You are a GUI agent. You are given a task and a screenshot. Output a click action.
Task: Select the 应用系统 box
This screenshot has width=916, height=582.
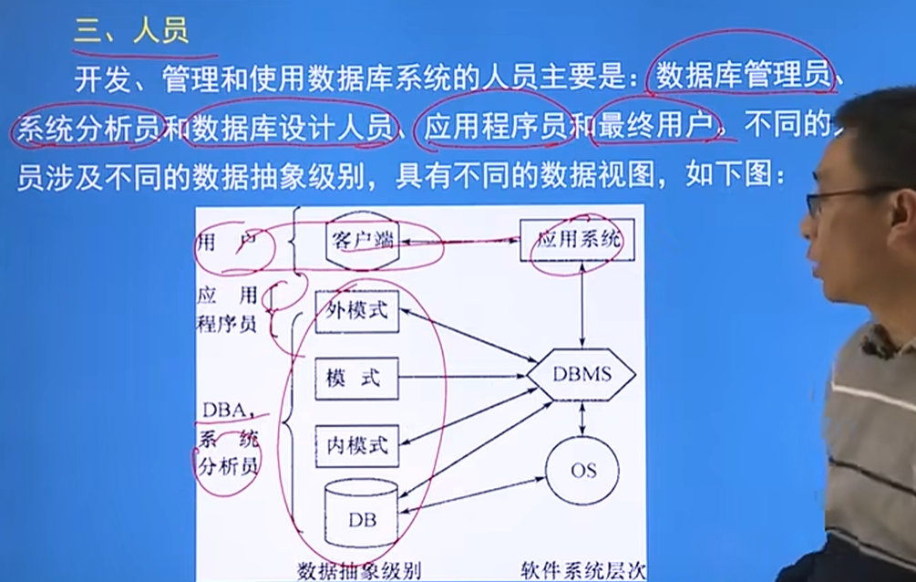coord(578,241)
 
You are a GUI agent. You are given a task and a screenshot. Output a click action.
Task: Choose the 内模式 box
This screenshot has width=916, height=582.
coord(356,445)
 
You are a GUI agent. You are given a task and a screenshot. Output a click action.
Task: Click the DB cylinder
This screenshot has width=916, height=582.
coord(361,515)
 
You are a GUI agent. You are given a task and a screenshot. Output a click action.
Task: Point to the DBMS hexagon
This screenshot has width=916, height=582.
coord(582,375)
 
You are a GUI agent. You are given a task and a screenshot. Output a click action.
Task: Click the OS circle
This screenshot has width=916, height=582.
coord(582,471)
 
